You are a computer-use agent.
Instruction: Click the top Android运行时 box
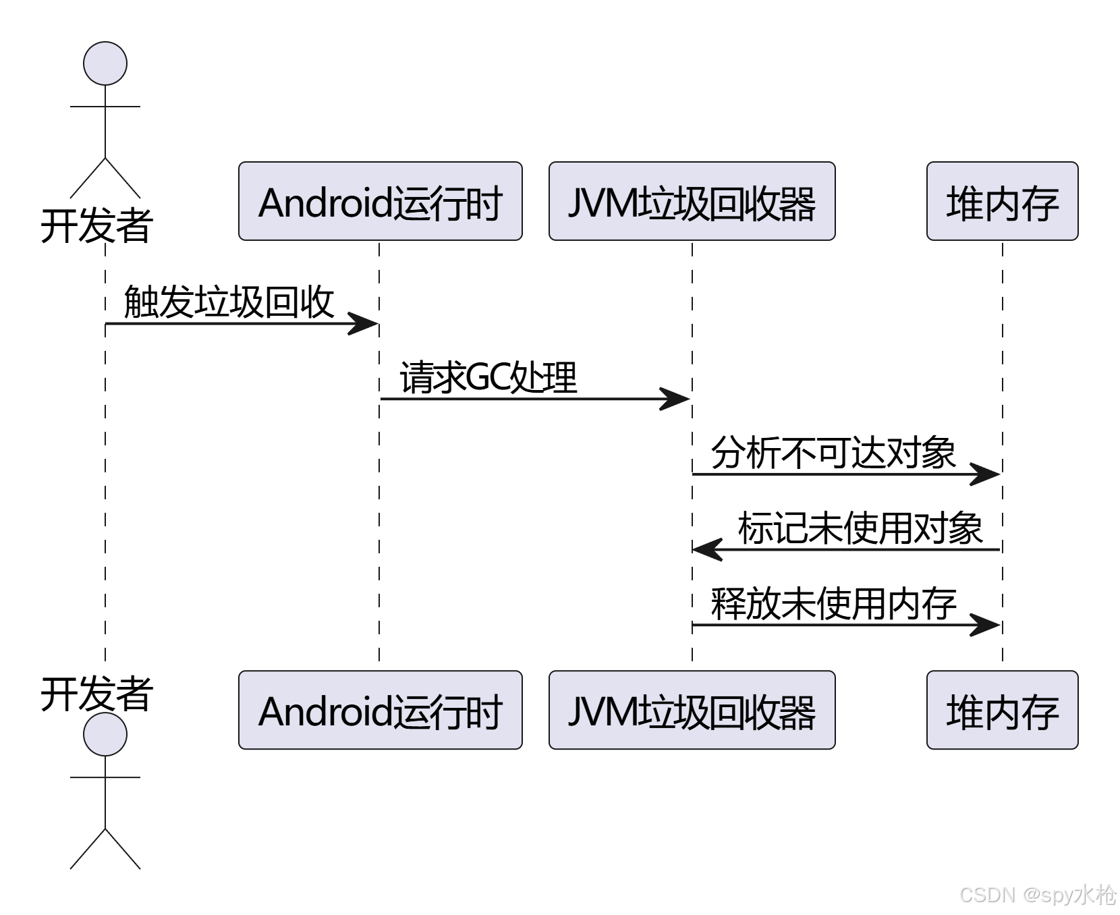[380, 201]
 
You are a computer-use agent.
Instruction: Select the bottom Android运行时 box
[380, 710]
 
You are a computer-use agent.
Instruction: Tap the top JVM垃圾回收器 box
[692, 201]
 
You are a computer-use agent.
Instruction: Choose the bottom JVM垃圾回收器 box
[692, 710]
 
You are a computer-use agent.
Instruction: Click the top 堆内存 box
[1002, 201]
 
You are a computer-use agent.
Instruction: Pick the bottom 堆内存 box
[1002, 710]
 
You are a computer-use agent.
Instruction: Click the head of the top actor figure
[105, 63]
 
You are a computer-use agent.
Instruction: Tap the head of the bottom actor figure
[105, 734]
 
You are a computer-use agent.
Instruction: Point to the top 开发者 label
[96, 225]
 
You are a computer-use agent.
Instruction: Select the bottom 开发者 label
[96, 694]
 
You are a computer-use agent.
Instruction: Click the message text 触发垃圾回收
[229, 301]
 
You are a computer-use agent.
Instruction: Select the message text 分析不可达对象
[833, 452]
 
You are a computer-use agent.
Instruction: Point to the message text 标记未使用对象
[860, 528]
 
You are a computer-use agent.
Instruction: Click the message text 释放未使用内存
[833, 603]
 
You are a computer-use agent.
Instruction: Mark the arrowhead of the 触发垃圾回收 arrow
[364, 324]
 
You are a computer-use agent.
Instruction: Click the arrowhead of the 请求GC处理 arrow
[676, 399]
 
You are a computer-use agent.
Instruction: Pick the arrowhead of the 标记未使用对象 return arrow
[707, 550]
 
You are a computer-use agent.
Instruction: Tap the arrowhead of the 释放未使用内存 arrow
[986, 625]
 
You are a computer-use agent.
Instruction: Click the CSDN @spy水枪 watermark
[1036, 894]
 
